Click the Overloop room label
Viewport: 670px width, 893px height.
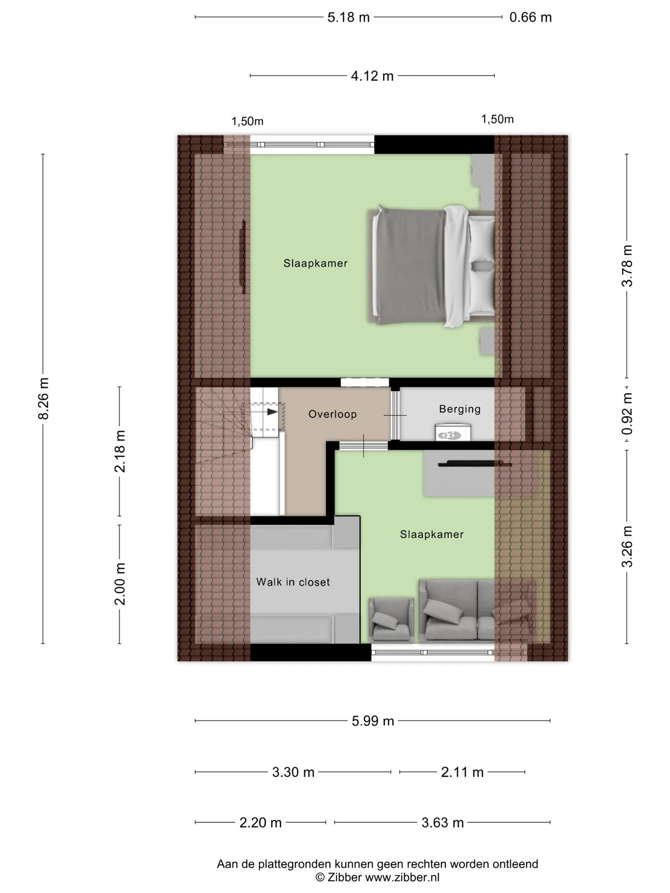332,414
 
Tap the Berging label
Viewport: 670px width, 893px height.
460,409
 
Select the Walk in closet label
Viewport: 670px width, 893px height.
293,582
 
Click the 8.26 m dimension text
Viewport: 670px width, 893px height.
43,399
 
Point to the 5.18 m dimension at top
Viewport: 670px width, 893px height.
348,17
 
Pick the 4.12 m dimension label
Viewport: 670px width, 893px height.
372,76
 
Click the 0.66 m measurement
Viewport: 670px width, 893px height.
530,17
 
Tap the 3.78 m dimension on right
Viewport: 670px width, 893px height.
627,266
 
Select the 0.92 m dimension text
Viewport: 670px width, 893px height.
627,414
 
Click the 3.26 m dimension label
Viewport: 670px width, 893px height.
627,546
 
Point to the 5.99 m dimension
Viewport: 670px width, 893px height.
373,721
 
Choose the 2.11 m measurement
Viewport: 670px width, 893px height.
462,772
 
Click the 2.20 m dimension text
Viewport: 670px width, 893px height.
261,823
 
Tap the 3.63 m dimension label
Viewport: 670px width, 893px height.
442,823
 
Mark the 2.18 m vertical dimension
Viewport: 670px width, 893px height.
120,451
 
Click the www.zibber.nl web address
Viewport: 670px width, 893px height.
402,878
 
